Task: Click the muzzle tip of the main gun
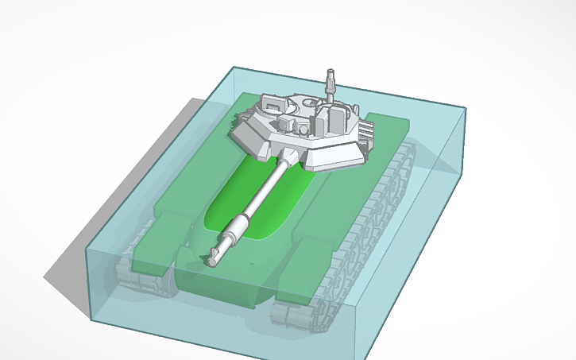pos(213,259)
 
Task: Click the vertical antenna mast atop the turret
pos(331,84)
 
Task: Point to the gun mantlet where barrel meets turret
pos(291,156)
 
